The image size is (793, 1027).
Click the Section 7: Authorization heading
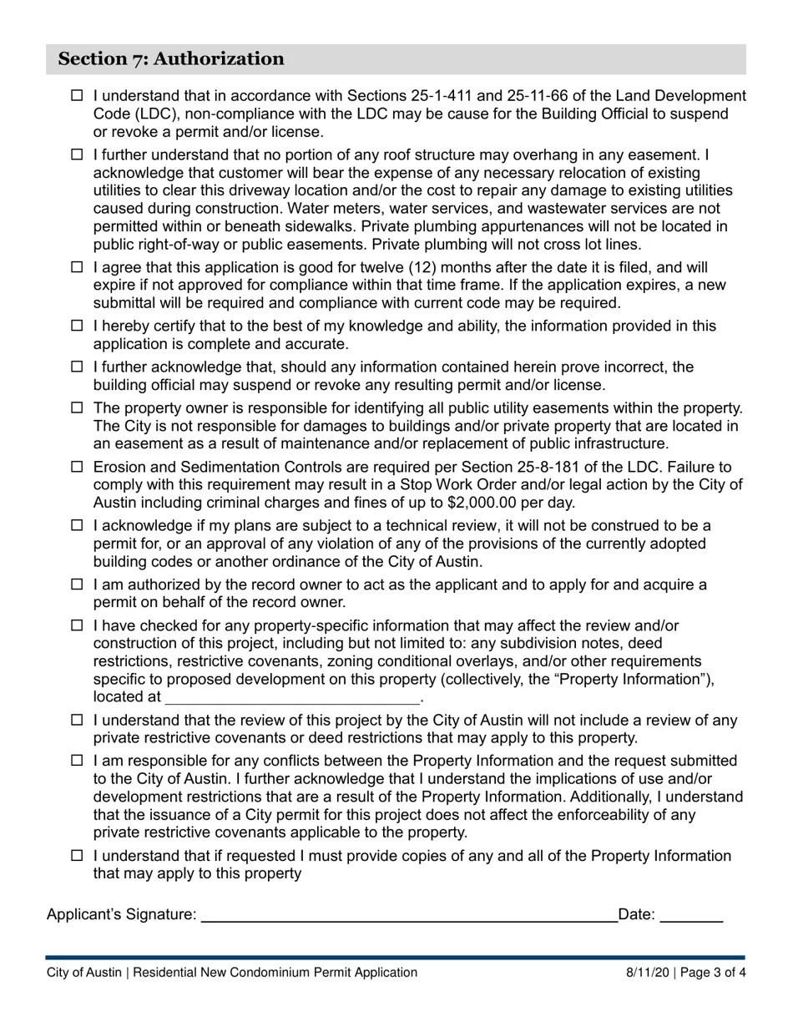point(171,59)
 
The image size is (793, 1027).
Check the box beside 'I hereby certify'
point(77,326)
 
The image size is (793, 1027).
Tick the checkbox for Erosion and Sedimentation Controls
point(77,467)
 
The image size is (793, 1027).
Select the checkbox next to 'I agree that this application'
point(77,267)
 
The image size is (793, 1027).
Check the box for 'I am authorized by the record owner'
point(77,584)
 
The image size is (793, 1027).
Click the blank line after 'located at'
point(292,697)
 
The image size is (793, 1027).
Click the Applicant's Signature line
point(409,915)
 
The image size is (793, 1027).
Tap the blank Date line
point(691,915)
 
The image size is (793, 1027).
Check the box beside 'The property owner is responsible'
point(77,408)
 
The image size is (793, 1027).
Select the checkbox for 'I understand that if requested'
point(77,856)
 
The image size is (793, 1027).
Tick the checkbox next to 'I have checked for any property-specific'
point(77,625)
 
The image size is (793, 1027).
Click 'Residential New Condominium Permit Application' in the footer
point(275,973)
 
